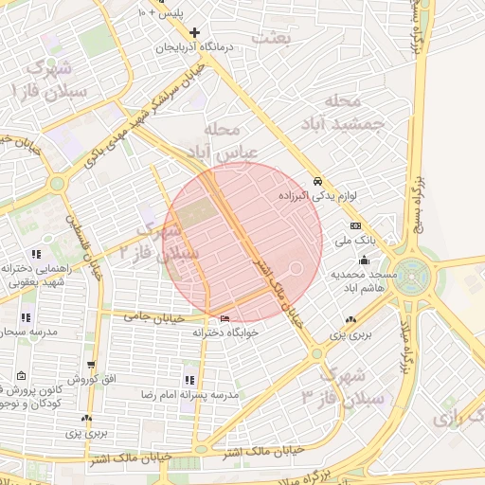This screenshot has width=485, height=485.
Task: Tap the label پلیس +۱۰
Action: pyautogui.click(x=161, y=13)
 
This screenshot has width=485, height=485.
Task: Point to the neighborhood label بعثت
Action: pyautogui.click(x=271, y=37)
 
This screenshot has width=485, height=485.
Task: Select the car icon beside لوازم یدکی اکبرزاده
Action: pyautogui.click(x=317, y=181)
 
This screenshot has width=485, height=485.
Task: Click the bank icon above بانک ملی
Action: pyautogui.click(x=355, y=226)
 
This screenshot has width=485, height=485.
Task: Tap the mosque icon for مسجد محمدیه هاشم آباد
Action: pyautogui.click(x=365, y=259)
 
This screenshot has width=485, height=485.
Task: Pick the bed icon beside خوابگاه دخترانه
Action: pyautogui.click(x=224, y=318)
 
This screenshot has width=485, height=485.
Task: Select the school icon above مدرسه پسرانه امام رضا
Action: pyautogui.click(x=190, y=380)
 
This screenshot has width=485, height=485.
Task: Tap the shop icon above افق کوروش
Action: pyautogui.click(x=90, y=365)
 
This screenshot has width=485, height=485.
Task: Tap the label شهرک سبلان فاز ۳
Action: pyautogui.click(x=332, y=385)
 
